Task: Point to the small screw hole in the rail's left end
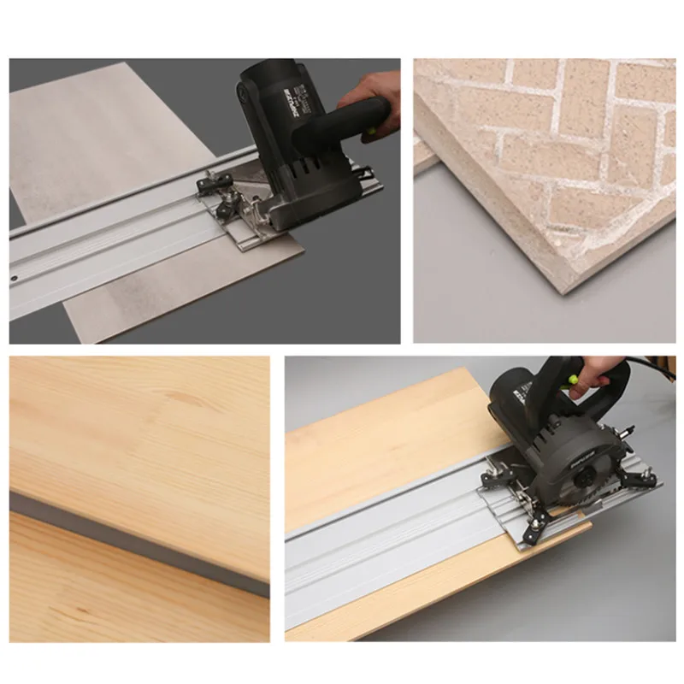coord(15,279)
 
